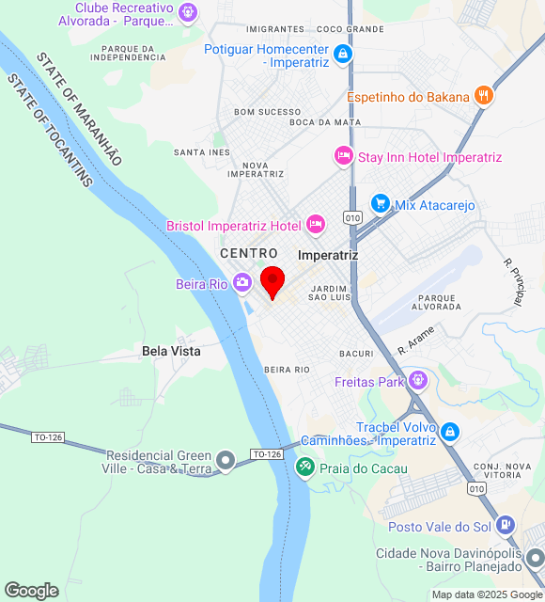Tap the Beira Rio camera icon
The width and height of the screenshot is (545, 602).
point(242,282)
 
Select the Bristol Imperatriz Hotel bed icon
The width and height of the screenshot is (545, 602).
point(316,224)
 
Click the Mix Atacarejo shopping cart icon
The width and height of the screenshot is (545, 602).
point(380,203)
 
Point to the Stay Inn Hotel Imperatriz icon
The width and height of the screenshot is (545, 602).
point(343,156)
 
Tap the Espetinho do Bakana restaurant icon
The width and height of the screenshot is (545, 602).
point(484,95)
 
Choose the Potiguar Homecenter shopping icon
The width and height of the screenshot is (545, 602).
point(343,53)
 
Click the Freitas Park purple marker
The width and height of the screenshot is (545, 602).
point(418,381)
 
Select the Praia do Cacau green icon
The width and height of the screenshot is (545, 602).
point(304,467)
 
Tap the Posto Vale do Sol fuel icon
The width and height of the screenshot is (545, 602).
point(506,525)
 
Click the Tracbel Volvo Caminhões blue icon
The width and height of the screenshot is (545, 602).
point(450,432)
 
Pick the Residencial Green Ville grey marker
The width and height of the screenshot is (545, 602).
point(226,460)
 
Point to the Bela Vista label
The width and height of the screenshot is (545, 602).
point(171,351)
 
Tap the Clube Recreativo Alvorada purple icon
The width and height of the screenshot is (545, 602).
point(189,12)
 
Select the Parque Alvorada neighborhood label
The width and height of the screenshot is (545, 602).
point(436,301)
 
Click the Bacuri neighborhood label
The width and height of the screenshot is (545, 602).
point(357,354)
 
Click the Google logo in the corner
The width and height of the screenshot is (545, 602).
point(31,591)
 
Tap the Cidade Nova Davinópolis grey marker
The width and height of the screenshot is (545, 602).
point(533,558)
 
